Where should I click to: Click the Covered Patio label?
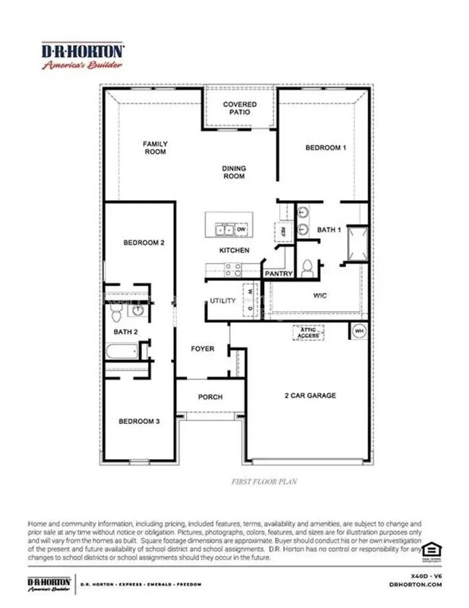[239, 108]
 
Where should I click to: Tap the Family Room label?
[154, 148]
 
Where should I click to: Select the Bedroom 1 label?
[325, 147]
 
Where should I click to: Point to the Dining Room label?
[234, 172]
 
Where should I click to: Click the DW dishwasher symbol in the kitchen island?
[240, 230]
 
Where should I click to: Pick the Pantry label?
[278, 274]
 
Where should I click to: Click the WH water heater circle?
[359, 331]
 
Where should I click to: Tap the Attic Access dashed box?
[309, 332]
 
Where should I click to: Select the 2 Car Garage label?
[310, 395]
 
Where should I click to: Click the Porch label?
[210, 396]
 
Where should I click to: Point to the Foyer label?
[202, 349]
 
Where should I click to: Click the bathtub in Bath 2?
[121, 352]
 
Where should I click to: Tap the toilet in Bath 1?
[307, 268]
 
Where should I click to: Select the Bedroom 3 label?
[139, 421]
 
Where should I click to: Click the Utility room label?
[222, 300]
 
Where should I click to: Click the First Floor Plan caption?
[264, 480]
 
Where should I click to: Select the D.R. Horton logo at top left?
[82, 56]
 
